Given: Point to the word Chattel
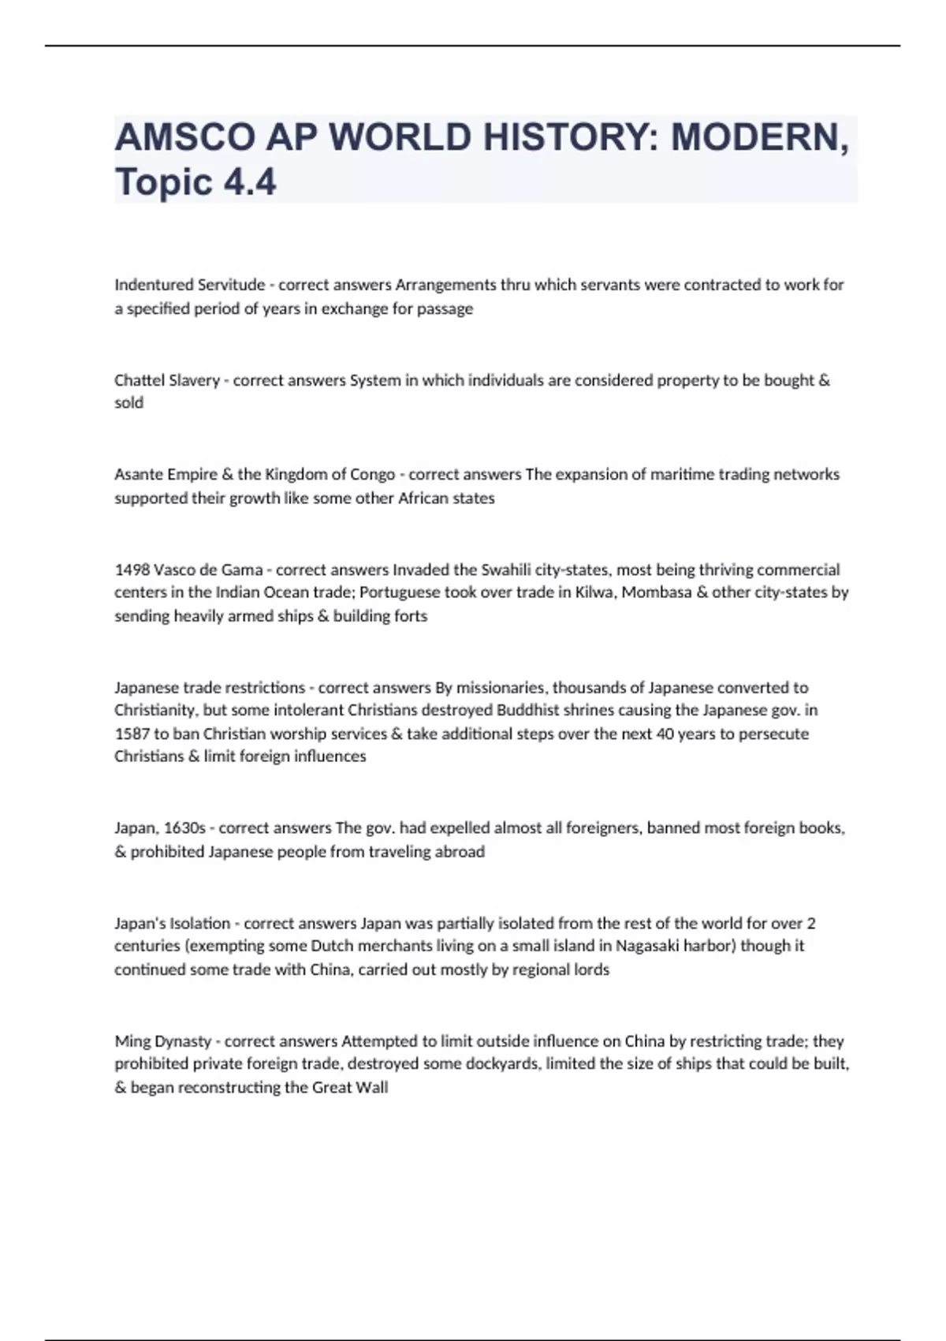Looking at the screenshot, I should (139, 380).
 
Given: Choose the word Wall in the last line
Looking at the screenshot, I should (374, 1087).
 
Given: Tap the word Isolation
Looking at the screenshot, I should (200, 923).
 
